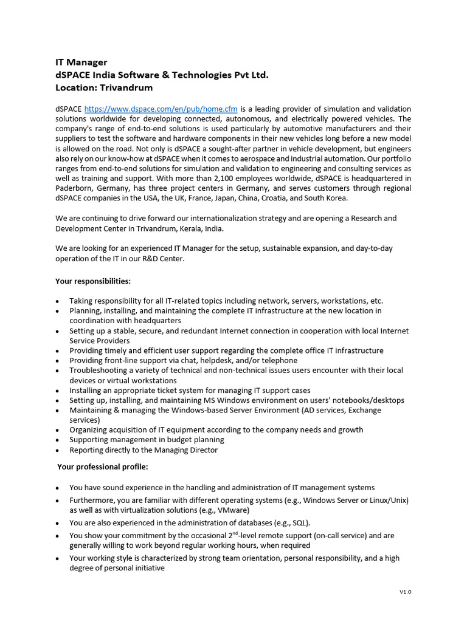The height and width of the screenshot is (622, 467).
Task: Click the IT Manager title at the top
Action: click(x=81, y=62)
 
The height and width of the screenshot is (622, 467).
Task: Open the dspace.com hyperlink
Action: click(x=161, y=109)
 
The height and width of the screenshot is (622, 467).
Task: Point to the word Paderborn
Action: click(x=77, y=188)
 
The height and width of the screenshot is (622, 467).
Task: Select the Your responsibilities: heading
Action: click(x=92, y=281)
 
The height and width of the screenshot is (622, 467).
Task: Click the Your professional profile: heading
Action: click(x=102, y=467)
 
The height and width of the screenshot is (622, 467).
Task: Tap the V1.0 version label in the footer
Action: click(x=405, y=592)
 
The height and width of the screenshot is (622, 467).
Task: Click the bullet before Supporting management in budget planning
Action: click(x=57, y=440)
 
